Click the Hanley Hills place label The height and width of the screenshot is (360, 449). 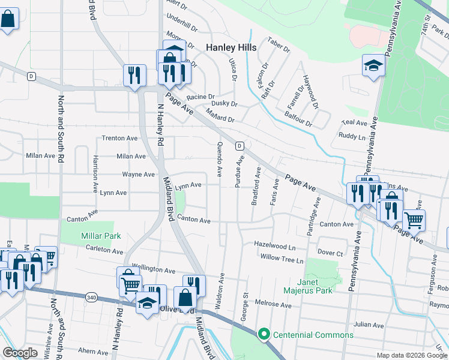pos(231,47)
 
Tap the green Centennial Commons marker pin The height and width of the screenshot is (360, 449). pos(262,334)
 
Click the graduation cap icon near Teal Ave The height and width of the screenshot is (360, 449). pos(373,65)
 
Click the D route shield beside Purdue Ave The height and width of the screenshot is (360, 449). pos(239,146)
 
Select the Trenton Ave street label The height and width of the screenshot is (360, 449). pos(119,138)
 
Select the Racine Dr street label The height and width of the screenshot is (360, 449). pos(200,97)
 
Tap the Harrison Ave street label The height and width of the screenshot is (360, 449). pos(95,174)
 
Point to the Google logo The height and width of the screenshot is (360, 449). pos(20,352)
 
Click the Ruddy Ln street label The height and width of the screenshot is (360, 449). pos(352,137)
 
